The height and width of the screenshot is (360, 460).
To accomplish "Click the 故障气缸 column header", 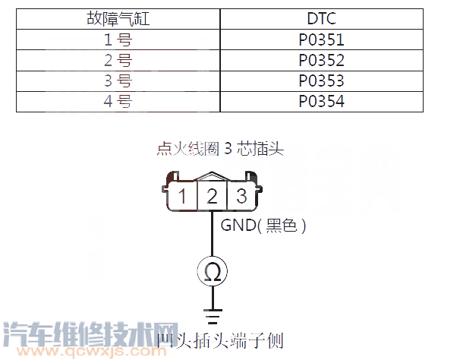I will (118, 19).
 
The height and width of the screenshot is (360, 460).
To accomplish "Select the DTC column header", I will (321, 19).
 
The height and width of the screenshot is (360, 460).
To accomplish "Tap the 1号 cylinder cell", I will (118, 40).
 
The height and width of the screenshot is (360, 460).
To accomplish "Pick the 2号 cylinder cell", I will (118, 61).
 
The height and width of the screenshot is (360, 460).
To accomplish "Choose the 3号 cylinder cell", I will (118, 81).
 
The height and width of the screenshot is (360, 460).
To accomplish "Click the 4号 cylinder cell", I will (118, 100).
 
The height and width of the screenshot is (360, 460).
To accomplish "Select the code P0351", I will (321, 40).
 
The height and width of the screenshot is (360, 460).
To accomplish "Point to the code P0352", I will (321, 61).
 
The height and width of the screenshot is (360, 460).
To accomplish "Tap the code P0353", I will (321, 81).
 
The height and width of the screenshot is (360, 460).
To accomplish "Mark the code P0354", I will (321, 100).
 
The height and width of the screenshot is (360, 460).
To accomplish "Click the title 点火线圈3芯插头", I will (220, 149).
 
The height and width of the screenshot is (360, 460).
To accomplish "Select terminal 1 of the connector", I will (183, 197).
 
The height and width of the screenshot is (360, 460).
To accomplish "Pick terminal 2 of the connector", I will (213, 197).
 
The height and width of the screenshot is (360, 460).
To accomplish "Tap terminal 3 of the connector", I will (241, 197).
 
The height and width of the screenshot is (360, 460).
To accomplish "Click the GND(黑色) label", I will (263, 226).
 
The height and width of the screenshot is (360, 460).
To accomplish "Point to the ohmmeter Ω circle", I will (213, 271).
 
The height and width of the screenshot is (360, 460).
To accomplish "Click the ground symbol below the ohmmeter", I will (213, 312).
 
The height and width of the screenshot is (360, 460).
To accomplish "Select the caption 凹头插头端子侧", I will (219, 341).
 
